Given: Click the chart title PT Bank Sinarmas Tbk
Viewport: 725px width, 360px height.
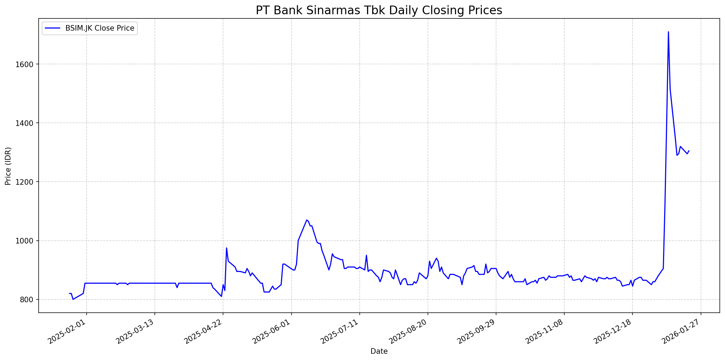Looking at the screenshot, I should [x=379, y=10].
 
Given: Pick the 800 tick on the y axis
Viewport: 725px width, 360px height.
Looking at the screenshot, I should [x=27, y=299].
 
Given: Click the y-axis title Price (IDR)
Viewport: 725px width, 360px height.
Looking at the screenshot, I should [x=8, y=166].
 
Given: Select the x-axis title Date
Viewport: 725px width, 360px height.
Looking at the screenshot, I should [x=379, y=351].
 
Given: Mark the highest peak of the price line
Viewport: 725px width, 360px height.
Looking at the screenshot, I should [x=668, y=32].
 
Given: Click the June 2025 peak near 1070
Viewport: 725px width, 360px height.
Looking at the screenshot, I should [x=306, y=220].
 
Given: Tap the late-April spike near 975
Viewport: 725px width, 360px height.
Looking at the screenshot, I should [x=226, y=248].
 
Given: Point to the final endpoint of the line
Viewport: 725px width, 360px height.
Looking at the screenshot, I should [x=689, y=151].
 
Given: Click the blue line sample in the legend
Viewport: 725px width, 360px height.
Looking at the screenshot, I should [x=52, y=28].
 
